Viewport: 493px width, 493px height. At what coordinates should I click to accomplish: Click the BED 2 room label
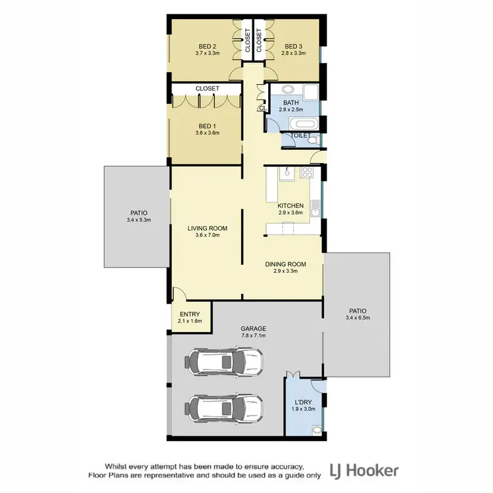tap(208, 46)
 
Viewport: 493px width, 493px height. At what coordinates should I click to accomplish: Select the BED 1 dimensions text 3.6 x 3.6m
tap(207, 133)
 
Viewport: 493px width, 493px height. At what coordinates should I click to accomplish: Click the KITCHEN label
tap(290, 205)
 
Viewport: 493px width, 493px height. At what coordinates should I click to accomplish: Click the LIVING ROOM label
tap(207, 229)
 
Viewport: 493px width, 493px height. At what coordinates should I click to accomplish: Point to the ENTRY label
tap(190, 314)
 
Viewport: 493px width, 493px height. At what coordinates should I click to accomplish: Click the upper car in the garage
tap(224, 361)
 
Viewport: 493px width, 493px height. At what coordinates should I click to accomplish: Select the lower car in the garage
tap(224, 407)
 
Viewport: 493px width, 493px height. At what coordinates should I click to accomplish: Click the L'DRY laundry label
tap(303, 402)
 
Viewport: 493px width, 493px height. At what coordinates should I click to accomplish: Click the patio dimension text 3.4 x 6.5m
tap(358, 319)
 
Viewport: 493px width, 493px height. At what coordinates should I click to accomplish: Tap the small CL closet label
tap(262, 108)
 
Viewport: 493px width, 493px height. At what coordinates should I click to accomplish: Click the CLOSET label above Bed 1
tap(207, 89)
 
